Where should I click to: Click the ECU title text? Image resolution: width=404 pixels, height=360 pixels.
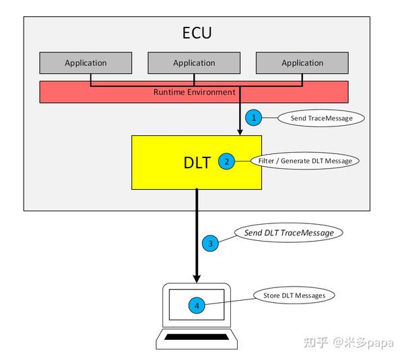coord(197,32)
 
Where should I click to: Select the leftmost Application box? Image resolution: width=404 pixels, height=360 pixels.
coord(86,63)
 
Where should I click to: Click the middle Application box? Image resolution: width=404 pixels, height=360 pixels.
coord(194,63)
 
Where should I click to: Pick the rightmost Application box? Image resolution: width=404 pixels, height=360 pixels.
coord(302,63)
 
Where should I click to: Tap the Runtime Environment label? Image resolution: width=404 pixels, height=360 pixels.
coord(194,92)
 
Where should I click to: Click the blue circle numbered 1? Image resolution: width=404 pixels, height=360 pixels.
coord(254,118)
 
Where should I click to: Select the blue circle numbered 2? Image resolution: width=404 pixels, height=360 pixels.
coord(227,161)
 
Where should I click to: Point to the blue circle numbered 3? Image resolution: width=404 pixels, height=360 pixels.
coord(211,244)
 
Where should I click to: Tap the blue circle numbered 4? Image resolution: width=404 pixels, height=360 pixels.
coord(197,305)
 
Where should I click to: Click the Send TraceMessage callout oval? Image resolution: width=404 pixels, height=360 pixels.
coord(321,118)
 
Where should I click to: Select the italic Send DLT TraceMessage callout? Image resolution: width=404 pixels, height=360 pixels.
coord(288,233)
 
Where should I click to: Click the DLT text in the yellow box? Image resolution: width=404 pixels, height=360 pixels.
coord(197,162)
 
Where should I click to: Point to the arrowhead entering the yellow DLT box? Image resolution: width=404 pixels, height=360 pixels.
coord(240,131)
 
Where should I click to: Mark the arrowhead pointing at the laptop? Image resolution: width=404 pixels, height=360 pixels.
coord(197,277)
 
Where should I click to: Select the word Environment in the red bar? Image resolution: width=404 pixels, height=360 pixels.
coord(211,92)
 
